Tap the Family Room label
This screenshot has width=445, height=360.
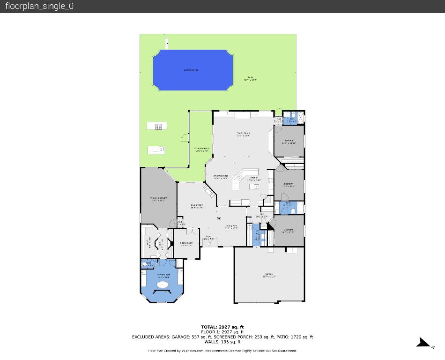pos(243,134)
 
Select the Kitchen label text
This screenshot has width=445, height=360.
pos(254,178)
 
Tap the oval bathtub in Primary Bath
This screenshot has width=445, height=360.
pos(163,285)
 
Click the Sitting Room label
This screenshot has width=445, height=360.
pos(186,243)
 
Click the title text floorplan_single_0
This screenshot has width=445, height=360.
pos(39,6)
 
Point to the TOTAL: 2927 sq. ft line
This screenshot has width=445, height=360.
pos(222,327)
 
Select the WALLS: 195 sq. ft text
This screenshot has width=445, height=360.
pos(222,342)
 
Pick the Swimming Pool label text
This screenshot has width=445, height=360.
pos(191,70)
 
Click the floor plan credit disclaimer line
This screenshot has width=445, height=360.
pos(222,351)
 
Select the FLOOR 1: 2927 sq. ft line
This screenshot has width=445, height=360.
pos(222,332)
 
